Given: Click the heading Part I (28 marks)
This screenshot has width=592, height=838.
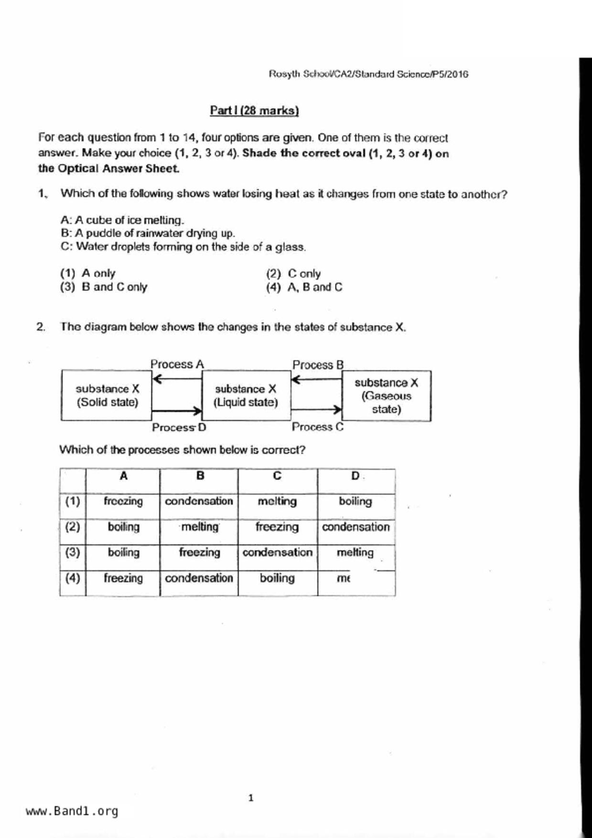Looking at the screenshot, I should pyautogui.click(x=254, y=111).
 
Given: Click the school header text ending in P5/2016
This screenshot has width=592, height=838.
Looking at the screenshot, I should pyautogui.click(x=368, y=74).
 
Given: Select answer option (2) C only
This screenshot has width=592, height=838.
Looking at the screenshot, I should pyautogui.click(x=293, y=274).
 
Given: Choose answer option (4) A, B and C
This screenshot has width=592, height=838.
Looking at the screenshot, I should pyautogui.click(x=304, y=288).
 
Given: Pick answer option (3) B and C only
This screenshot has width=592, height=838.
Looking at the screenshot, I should pyautogui.click(x=104, y=287).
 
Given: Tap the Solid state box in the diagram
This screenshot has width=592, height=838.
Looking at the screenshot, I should pyautogui.click(x=107, y=396).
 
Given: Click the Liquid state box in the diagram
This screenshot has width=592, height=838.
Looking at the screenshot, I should pyautogui.click(x=246, y=396).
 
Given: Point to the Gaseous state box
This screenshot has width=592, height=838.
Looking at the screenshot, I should pyautogui.click(x=386, y=396).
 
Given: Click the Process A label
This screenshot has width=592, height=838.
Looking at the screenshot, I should pyautogui.click(x=177, y=364).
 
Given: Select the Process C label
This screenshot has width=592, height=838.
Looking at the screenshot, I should pyautogui.click(x=318, y=427).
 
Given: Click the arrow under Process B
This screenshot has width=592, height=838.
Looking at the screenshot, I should pyautogui.click(x=316, y=380).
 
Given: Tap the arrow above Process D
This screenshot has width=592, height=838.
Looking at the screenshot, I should pyautogui.click(x=177, y=410).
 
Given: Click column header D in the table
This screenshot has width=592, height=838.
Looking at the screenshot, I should pyautogui.click(x=355, y=476).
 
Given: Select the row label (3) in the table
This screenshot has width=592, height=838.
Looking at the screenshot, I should pyautogui.click(x=73, y=552).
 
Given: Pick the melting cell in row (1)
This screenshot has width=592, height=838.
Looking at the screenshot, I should pyautogui.click(x=277, y=501).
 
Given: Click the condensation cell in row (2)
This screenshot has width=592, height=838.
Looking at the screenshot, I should pyautogui.click(x=356, y=527).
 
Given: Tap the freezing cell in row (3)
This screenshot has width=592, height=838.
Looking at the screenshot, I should pyautogui.click(x=199, y=552).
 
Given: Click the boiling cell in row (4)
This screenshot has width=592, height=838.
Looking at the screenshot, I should pyautogui.click(x=277, y=578).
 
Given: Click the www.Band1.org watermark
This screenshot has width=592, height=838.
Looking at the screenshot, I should pyautogui.click(x=72, y=811).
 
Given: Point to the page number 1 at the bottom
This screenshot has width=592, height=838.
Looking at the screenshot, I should pyautogui.click(x=251, y=798).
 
